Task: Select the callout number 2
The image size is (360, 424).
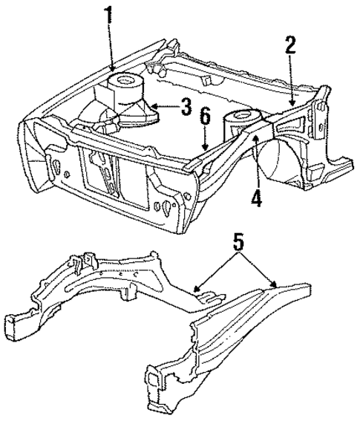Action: click(290, 45)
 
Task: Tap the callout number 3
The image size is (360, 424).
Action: click(186, 106)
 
